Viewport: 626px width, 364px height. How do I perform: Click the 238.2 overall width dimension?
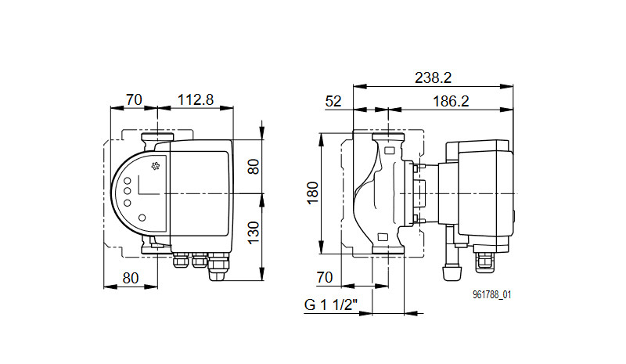433,77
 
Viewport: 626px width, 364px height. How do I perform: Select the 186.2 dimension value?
451,102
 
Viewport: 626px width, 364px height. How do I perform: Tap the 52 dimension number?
333,102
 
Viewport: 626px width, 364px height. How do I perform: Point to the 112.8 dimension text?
195,99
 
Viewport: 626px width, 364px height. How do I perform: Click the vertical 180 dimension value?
313,193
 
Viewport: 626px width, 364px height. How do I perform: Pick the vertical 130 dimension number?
254,233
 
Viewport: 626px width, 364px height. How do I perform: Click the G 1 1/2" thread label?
330,305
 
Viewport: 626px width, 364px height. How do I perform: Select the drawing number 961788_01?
492,295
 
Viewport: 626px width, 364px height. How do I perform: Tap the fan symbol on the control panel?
155,166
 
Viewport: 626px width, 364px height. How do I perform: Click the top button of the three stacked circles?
128,181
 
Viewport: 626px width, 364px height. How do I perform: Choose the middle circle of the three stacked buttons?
128,192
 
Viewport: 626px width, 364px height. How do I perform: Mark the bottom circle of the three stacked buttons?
128,203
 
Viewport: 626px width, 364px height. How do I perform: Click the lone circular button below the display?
142,218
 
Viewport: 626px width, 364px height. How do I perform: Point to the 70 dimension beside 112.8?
134,99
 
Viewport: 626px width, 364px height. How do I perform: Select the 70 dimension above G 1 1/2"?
325,277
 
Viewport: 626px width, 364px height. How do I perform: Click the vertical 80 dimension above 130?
254,166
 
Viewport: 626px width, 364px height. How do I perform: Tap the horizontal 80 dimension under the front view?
131,278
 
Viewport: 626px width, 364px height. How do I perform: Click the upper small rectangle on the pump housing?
390,151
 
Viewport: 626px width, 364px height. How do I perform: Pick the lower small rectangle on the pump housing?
383,237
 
